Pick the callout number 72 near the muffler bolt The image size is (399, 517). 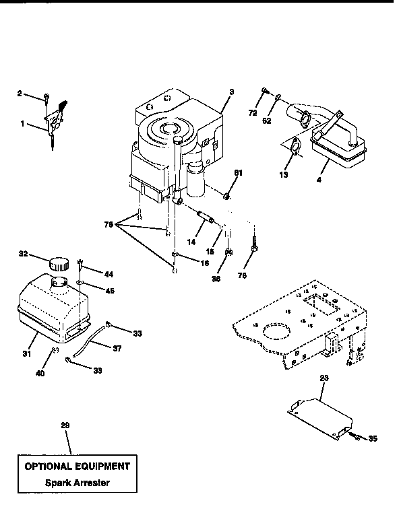(x=252, y=113)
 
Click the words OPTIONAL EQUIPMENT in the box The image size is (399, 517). (x=77, y=466)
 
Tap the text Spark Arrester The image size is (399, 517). (x=77, y=483)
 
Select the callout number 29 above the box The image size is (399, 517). (x=65, y=425)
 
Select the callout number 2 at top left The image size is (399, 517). (x=20, y=94)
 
